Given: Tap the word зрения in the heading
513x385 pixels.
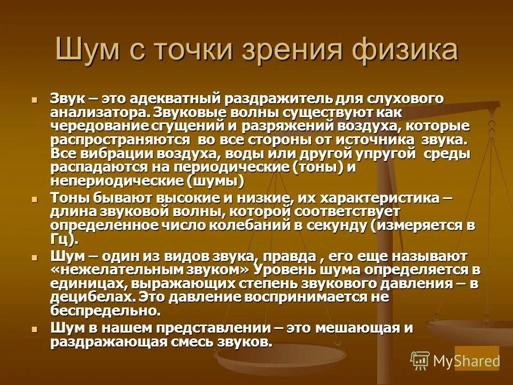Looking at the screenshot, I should [282, 51].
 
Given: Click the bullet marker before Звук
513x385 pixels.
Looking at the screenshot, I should [35, 99].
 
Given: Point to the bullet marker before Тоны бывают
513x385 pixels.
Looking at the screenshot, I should [35, 198].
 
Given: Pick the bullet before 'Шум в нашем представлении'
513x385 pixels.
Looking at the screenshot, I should [35, 328].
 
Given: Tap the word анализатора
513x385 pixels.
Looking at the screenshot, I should [99, 113].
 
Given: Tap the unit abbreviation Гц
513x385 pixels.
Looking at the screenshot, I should [62, 239].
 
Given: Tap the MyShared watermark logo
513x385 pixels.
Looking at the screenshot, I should [455, 360].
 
